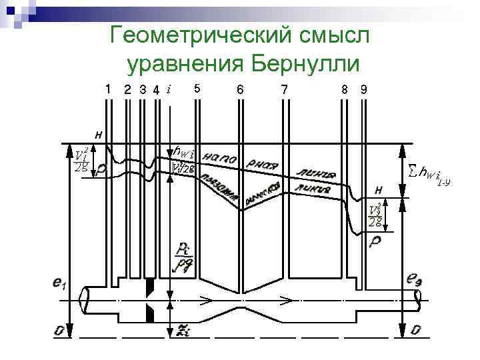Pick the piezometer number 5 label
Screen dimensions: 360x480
[196, 88]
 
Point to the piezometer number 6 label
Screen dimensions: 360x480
[240, 89]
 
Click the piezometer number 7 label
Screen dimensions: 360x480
[285, 89]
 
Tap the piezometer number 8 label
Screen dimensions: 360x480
[344, 89]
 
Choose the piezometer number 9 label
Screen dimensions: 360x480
[363, 89]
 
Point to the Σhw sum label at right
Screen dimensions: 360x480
[429, 175]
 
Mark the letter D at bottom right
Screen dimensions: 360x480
[415, 330]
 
